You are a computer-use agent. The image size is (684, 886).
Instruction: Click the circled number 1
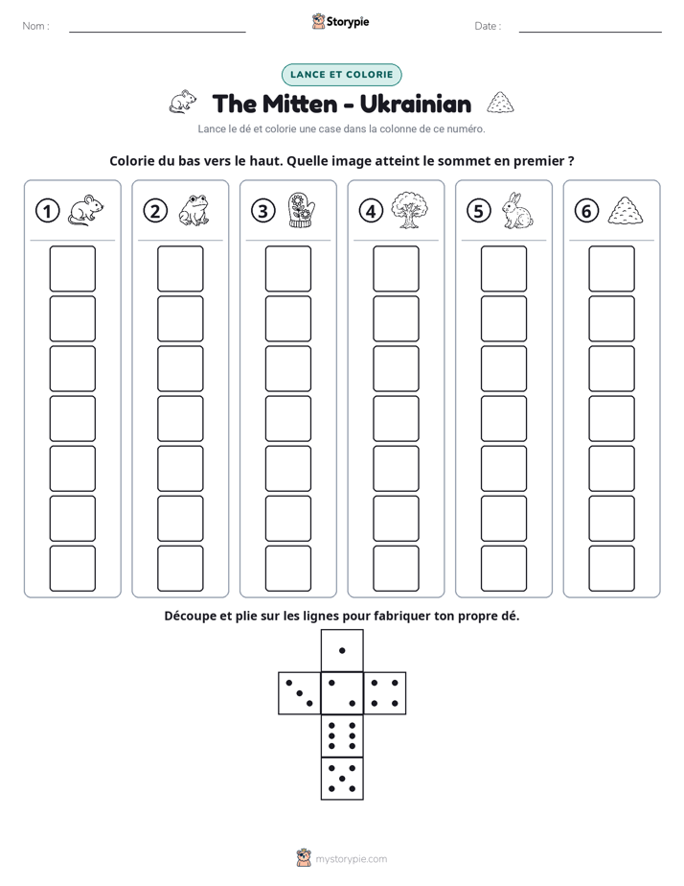click(47, 211)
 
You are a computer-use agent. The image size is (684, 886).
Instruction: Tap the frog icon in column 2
click(194, 210)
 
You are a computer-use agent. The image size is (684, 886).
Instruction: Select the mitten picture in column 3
click(302, 210)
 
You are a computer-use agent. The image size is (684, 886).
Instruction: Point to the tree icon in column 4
click(410, 210)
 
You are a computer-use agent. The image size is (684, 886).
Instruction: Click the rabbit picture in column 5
click(517, 210)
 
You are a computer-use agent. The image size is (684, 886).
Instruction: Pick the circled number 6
click(586, 211)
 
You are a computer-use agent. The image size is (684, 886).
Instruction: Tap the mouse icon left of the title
click(183, 102)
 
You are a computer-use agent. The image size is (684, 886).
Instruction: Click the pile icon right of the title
click(500, 103)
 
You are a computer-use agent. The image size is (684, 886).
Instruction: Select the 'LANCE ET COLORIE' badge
click(341, 75)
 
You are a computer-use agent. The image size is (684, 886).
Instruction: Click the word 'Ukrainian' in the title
click(416, 104)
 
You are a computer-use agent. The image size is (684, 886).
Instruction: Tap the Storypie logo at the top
click(340, 21)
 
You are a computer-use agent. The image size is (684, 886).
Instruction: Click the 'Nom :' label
click(35, 26)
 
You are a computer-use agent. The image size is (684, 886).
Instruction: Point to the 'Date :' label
click(488, 26)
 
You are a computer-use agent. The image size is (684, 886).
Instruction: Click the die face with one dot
click(342, 650)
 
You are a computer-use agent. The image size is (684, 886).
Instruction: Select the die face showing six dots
click(342, 736)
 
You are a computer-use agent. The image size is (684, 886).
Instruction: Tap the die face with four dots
click(385, 693)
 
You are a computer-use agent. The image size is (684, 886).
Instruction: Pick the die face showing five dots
click(342, 779)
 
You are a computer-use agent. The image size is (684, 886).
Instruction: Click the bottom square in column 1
click(72, 569)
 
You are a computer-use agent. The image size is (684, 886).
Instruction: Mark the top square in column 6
click(611, 268)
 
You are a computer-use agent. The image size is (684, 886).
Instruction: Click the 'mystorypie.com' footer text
click(351, 859)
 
